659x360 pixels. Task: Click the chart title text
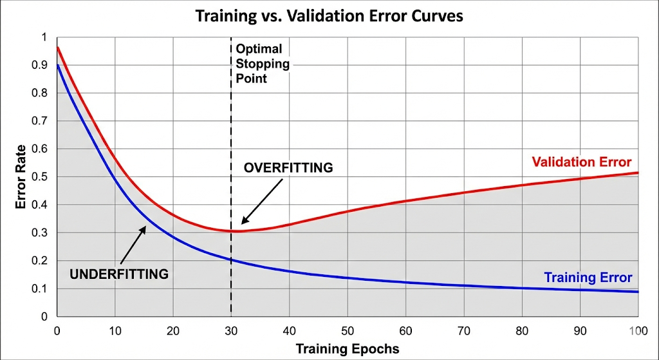pos(329,15)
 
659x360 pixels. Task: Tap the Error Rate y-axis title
pos(21,177)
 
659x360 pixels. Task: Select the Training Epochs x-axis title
pos(347,350)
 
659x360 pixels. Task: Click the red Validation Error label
pos(582,162)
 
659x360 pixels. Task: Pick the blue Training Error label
pos(588,278)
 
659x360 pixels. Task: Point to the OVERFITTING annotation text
pos(288,168)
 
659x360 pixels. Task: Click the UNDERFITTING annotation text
pos(119,274)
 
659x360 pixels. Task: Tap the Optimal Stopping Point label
pos(262,63)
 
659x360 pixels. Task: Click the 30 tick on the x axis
pos(231,331)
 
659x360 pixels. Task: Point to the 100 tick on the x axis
pos(638,331)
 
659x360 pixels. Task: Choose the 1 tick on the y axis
pos(44,37)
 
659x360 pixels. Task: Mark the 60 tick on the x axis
pos(405,331)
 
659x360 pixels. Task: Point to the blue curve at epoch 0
pos(57,65)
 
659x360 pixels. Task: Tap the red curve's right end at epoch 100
pos(638,173)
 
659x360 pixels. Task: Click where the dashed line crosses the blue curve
pos(231,260)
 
